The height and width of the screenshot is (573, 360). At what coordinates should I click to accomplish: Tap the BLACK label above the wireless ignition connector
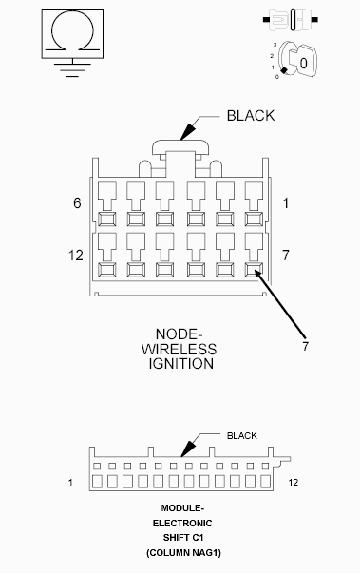point(251,116)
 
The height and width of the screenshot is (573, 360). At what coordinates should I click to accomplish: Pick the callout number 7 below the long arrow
point(305,347)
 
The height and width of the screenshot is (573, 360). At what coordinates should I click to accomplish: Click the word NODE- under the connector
point(180,334)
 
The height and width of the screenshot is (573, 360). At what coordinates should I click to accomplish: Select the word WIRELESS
point(180,349)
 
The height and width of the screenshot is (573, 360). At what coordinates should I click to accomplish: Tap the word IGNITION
point(180,363)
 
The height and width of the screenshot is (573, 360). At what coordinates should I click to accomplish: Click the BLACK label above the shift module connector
point(241,436)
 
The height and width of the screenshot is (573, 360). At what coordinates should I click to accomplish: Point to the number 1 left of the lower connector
point(71,483)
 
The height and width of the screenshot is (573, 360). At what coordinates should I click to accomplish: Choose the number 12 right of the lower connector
point(293,483)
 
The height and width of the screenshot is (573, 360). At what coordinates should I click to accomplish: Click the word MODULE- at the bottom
point(180,508)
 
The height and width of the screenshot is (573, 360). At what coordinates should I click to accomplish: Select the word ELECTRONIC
point(180,524)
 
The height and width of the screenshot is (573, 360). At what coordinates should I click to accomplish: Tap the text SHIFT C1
point(180,538)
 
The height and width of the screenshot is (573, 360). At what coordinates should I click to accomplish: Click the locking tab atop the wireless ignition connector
point(180,151)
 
